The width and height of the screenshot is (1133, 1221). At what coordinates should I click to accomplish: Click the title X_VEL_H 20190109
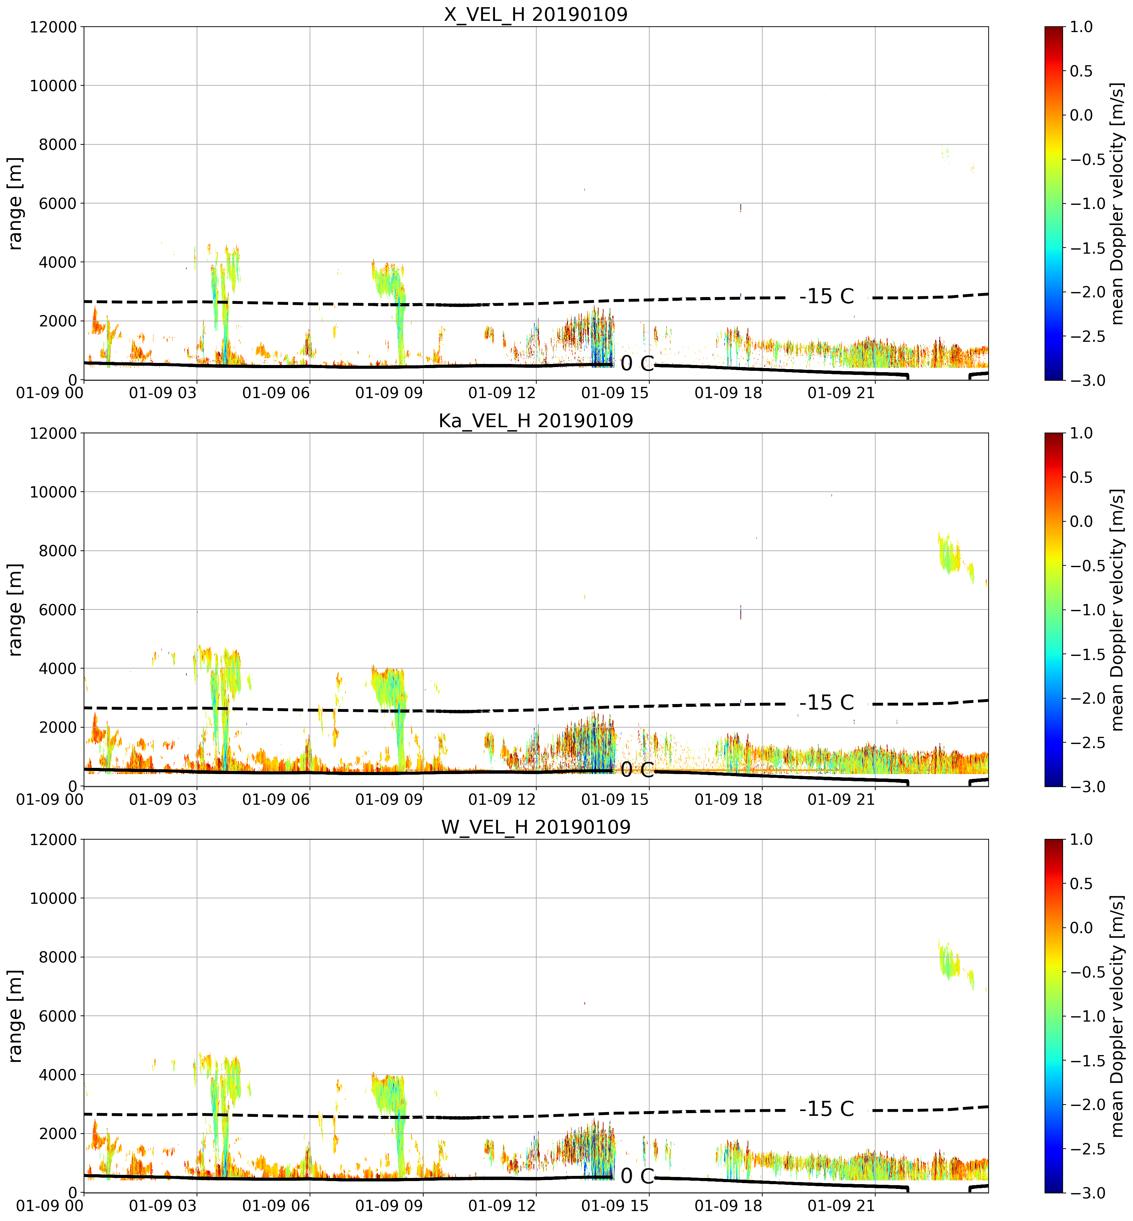click(x=536, y=14)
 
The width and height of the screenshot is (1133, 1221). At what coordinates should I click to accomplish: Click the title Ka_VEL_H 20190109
click(x=536, y=421)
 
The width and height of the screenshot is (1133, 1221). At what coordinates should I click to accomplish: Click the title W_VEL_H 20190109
click(x=536, y=827)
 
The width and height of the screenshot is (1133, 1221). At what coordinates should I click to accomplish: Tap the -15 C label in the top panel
click(x=826, y=296)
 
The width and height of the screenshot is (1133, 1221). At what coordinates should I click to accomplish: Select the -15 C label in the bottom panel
click(x=826, y=1109)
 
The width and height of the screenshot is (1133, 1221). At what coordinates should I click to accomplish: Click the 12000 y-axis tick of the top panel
click(x=53, y=27)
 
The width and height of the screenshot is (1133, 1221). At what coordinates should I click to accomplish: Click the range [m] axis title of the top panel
click(x=15, y=203)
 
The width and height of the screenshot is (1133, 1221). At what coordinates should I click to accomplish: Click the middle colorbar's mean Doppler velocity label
click(x=1118, y=609)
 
